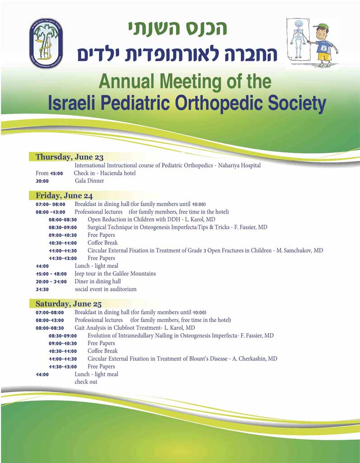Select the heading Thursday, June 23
[x=70, y=157]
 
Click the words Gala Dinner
[x=89, y=181]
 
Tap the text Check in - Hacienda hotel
[x=105, y=173]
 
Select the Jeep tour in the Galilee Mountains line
[x=115, y=274]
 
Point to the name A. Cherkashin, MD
[x=255, y=359]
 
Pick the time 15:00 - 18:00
[x=51, y=274]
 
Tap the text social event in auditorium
[x=106, y=289]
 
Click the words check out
[x=86, y=382]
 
